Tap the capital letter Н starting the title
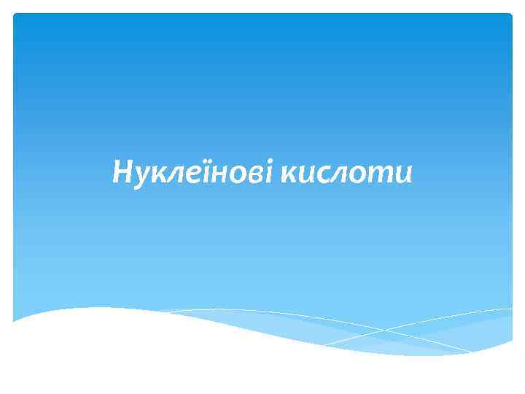pyautogui.click(x=122, y=173)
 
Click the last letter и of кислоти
pyautogui.click(x=401, y=174)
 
